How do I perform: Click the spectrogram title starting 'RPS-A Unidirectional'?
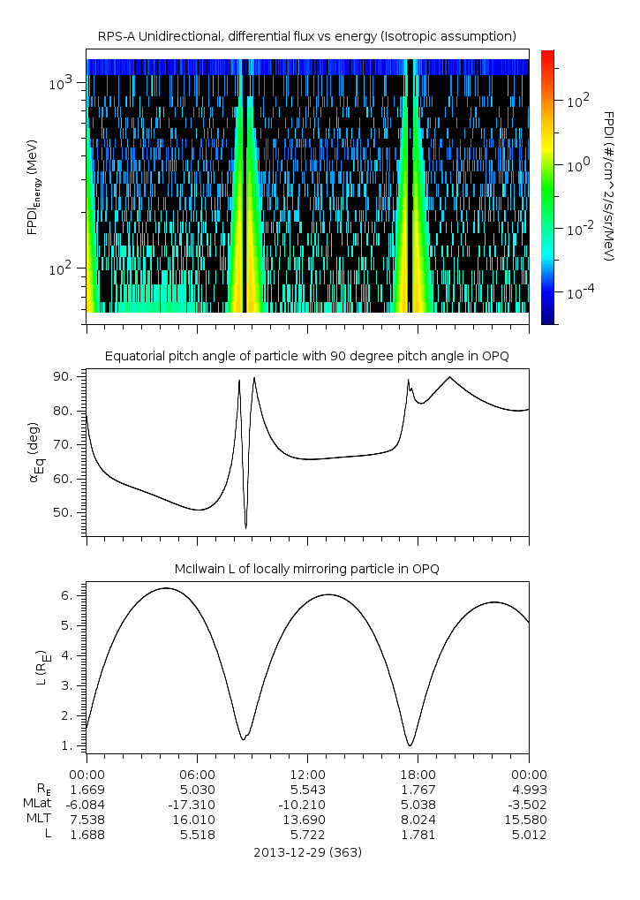(306, 35)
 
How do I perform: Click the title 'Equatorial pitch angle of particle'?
(306, 356)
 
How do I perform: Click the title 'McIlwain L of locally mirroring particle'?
(306, 568)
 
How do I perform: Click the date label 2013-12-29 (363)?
(306, 852)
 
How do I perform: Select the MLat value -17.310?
(197, 804)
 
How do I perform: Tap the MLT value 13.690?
(307, 819)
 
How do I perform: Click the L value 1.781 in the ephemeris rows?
(418, 834)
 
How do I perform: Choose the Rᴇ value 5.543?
(307, 789)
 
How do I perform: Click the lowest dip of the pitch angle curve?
(245, 527)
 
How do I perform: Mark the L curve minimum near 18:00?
(410, 745)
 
